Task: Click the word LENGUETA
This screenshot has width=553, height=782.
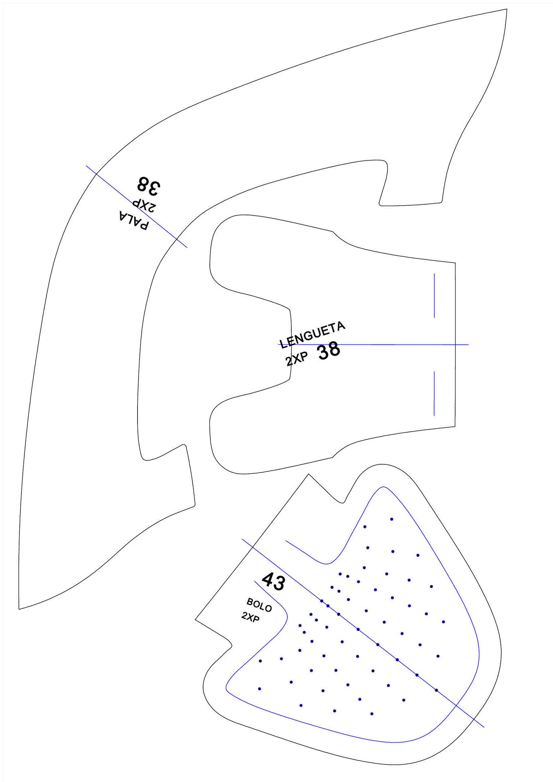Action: tap(313, 335)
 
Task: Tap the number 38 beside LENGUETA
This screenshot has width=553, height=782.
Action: tap(329, 351)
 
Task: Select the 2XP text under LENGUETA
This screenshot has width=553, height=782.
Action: tap(296, 359)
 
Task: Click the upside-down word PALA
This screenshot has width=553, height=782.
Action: tap(134, 220)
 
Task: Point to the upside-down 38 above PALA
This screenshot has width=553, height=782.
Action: tap(149, 185)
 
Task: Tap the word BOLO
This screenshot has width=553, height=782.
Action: tap(259, 605)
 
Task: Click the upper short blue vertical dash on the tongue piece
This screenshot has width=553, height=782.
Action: tap(434, 296)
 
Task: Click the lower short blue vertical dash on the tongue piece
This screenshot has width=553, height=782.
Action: tap(434, 393)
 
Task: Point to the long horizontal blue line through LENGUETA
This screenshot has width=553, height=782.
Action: tap(373, 345)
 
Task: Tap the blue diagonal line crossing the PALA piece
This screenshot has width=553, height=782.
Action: tap(136, 206)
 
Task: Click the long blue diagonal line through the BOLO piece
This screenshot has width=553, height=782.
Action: tap(363, 633)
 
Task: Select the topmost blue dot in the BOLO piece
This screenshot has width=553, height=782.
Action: tap(392, 519)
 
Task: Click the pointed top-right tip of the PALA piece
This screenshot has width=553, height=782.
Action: tap(507, 9)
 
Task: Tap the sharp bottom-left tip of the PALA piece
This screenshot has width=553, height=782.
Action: tap(19, 609)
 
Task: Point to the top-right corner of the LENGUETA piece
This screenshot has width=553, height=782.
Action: tap(455, 263)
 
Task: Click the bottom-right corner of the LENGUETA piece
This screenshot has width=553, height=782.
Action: tap(455, 426)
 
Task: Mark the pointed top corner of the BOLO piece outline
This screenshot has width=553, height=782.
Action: tap(309, 474)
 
